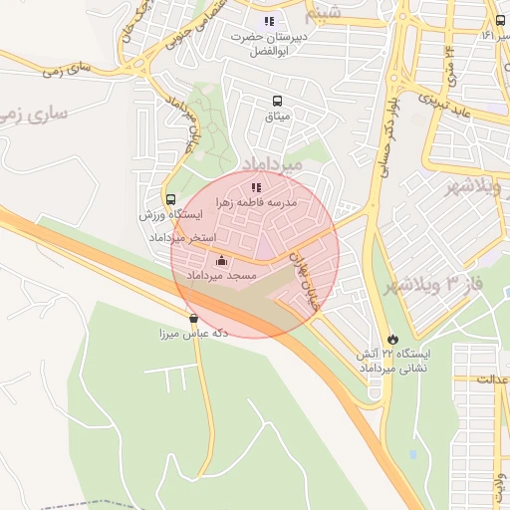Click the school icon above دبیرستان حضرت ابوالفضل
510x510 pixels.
point(267,21)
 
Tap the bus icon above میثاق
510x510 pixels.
point(276,101)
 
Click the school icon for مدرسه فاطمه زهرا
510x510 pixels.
point(256,186)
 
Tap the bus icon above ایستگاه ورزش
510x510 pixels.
point(170,199)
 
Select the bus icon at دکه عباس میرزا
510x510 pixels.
point(193,319)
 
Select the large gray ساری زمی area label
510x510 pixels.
point(35,113)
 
